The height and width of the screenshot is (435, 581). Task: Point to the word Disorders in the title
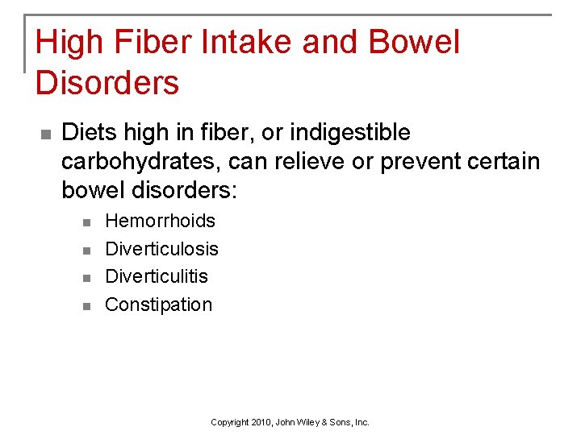point(107,82)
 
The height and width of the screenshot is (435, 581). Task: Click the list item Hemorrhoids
point(161,221)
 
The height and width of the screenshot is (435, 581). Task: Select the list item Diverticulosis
point(162,249)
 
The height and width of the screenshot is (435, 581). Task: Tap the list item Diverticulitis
point(157,276)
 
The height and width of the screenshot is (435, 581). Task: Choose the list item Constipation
point(159,304)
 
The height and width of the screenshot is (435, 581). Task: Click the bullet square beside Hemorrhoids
point(87,222)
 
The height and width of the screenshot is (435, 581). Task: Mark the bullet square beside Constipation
point(87,305)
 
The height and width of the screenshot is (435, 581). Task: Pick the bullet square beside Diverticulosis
point(87,250)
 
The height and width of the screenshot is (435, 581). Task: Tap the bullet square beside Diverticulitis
point(87,277)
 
